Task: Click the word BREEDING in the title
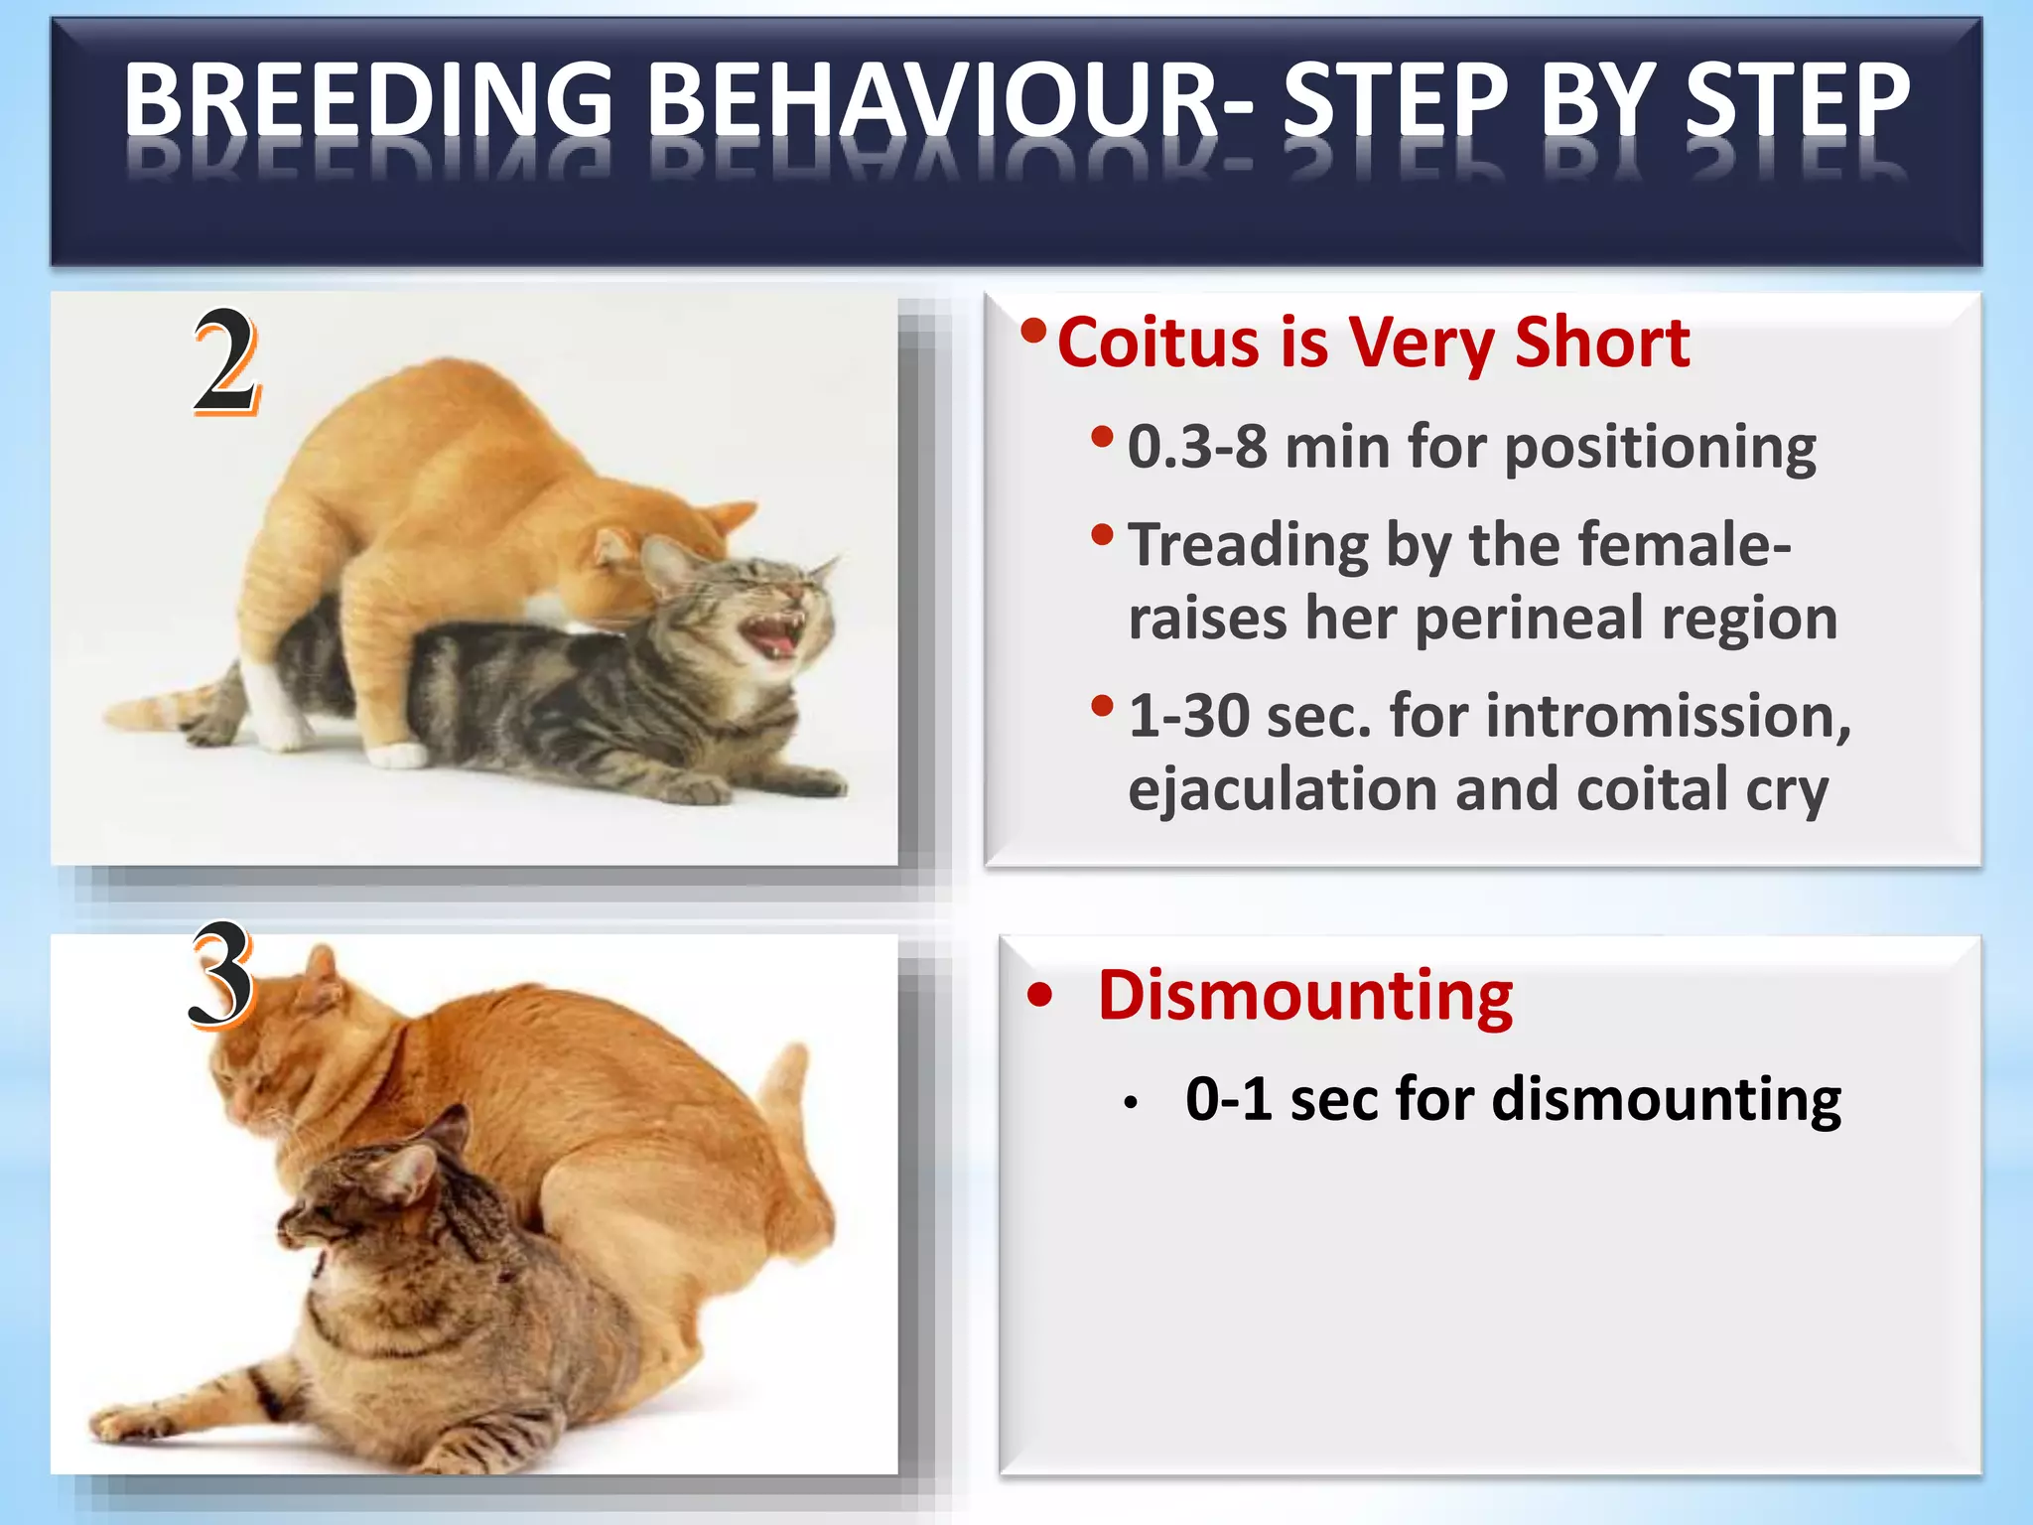pos(368,99)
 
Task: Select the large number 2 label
pos(226,361)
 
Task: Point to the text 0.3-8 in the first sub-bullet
pos(1197,447)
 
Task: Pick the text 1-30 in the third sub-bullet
pos(1188,716)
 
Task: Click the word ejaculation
pos(1282,790)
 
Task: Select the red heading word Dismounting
pos(1304,995)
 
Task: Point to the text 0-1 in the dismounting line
pos(1228,1099)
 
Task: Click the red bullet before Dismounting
pos(1039,995)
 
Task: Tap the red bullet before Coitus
pos(1033,331)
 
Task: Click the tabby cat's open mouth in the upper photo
pos(775,634)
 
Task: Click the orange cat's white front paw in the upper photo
pos(398,756)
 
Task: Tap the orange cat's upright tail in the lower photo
pos(789,1092)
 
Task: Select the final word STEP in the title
pos(1797,99)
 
